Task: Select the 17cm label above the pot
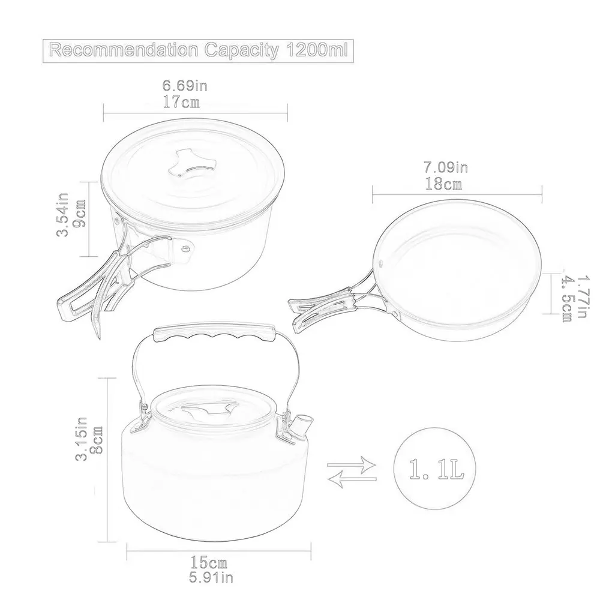point(181,102)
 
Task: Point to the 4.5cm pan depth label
point(566,298)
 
